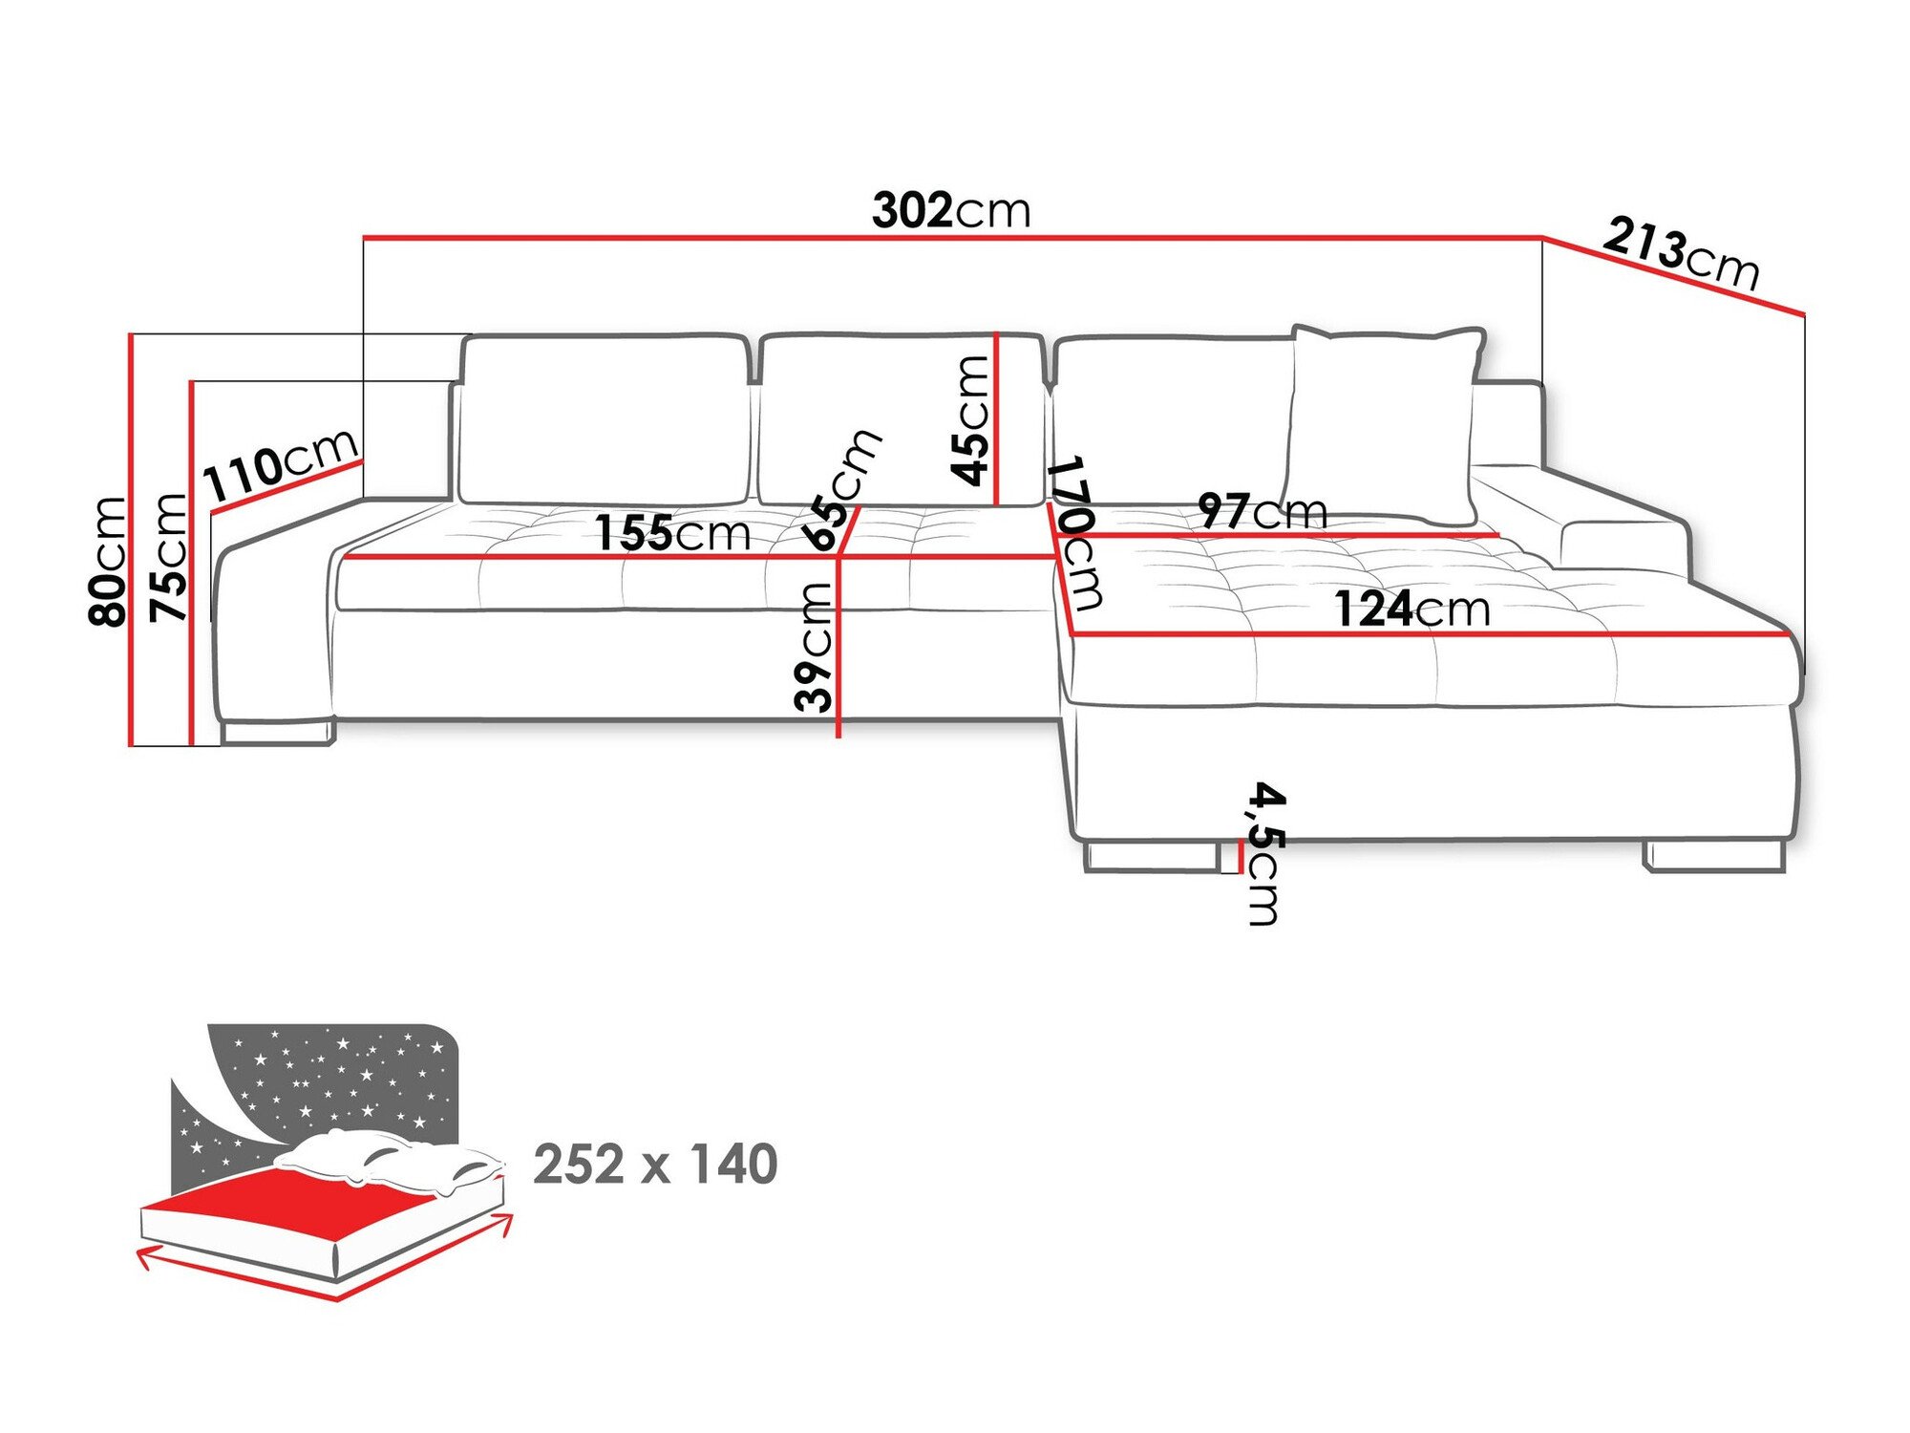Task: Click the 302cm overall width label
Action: pyautogui.click(x=951, y=211)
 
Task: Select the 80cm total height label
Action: pyautogui.click(x=107, y=561)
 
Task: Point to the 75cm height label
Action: pyautogui.click(x=170, y=558)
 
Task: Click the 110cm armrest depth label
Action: pyautogui.click(x=281, y=465)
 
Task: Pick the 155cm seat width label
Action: pyautogui.click(x=672, y=533)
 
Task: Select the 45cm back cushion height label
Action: pyautogui.click(x=970, y=420)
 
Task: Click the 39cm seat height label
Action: pyautogui.click(x=814, y=647)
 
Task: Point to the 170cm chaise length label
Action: pyautogui.click(x=1075, y=532)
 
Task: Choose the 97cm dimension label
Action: pyautogui.click(x=1263, y=511)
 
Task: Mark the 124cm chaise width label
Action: pyautogui.click(x=1411, y=610)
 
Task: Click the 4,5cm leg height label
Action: pyautogui.click(x=1266, y=853)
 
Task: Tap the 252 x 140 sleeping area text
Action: pyautogui.click(x=655, y=1165)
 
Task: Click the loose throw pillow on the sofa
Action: pyautogui.click(x=1383, y=424)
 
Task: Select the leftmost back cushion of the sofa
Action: pyautogui.click(x=604, y=418)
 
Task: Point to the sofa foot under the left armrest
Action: pyautogui.click(x=277, y=733)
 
